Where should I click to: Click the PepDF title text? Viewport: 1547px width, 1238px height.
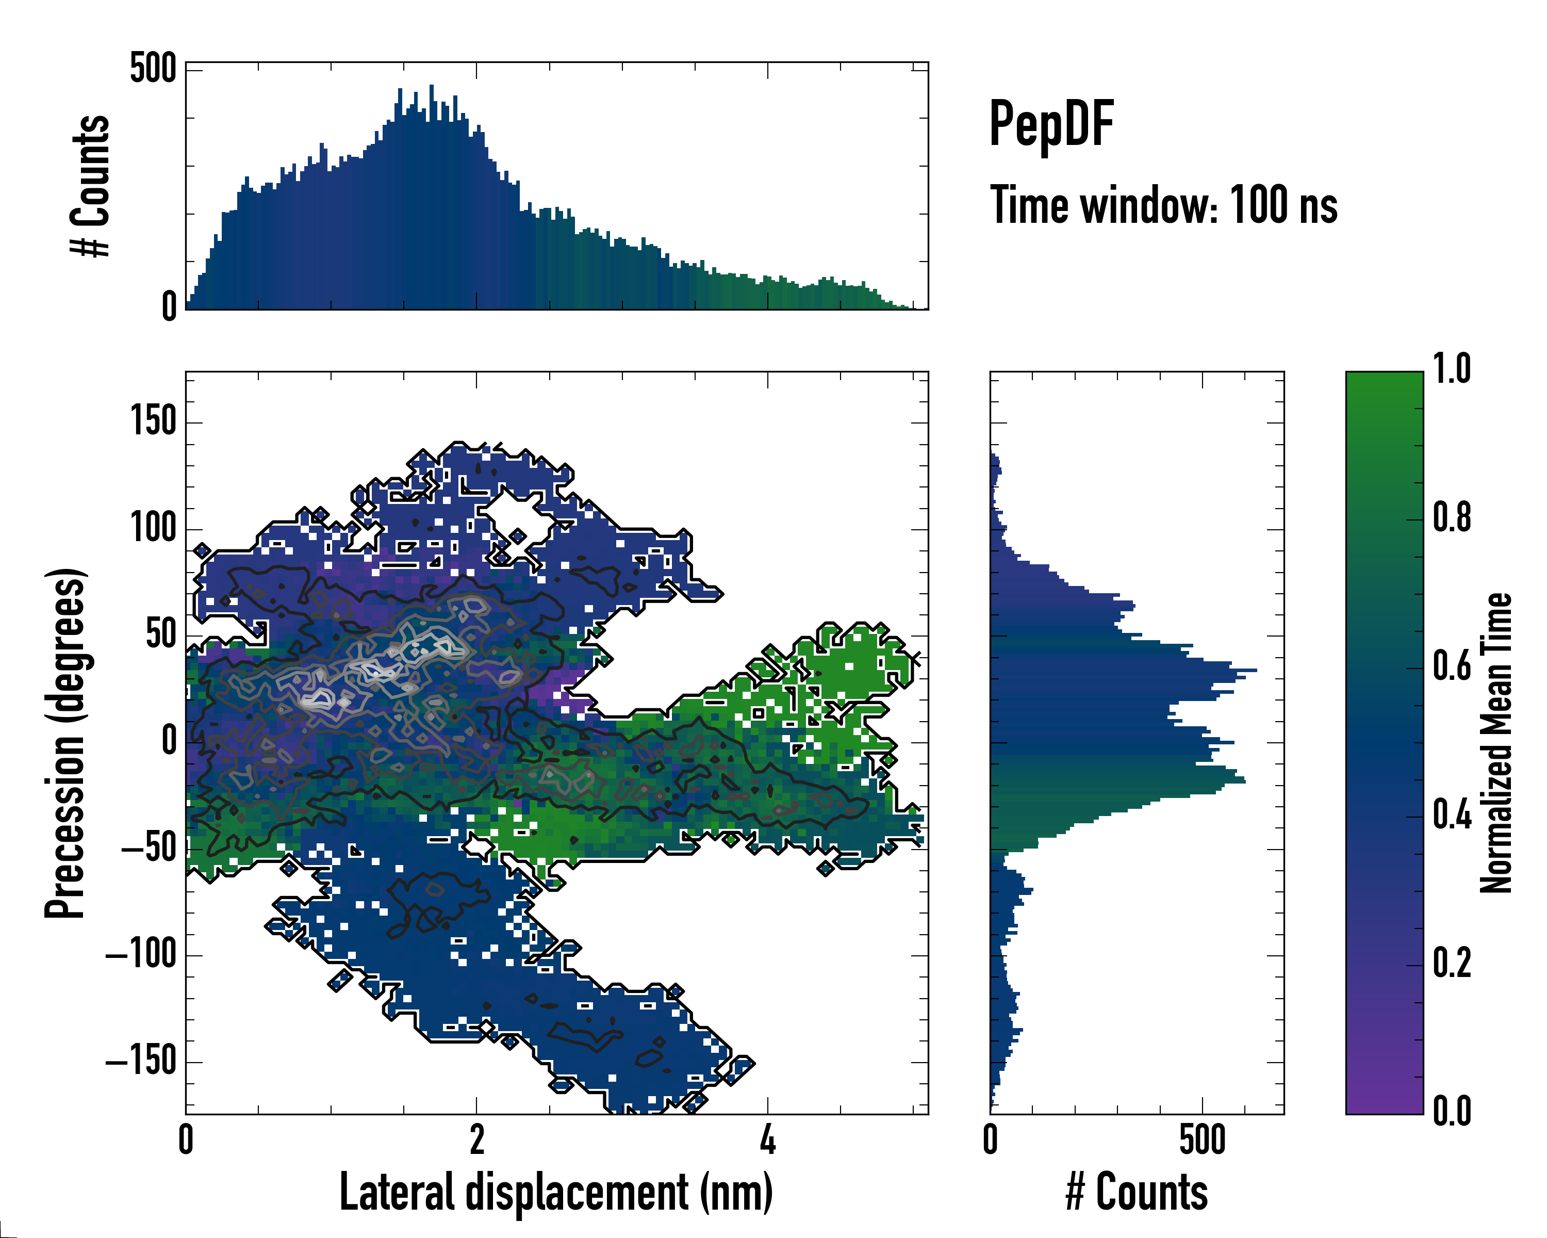point(1050,124)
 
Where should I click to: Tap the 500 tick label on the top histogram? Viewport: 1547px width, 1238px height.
point(152,70)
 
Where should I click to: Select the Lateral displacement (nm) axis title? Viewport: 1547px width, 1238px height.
point(556,1192)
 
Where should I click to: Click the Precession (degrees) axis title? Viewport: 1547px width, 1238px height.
point(65,743)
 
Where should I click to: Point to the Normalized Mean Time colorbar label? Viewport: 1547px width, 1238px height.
point(1496,743)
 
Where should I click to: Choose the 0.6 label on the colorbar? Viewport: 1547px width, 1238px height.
point(1452,665)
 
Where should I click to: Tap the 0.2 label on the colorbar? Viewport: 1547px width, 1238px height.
point(1452,963)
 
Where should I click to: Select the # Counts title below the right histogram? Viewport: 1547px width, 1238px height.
point(1137,1192)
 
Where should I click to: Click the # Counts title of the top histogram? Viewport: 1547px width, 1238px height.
point(90,185)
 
